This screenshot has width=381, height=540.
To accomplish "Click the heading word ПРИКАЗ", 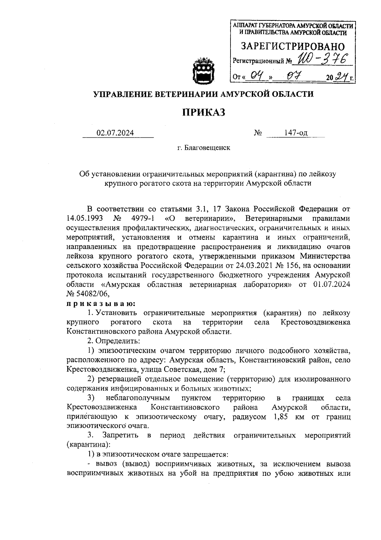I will [204, 112].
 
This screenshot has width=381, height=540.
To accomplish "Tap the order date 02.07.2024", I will [115, 133].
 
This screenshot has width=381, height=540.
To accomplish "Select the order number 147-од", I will [296, 133].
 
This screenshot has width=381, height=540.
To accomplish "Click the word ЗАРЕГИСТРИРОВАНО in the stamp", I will [292, 47].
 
